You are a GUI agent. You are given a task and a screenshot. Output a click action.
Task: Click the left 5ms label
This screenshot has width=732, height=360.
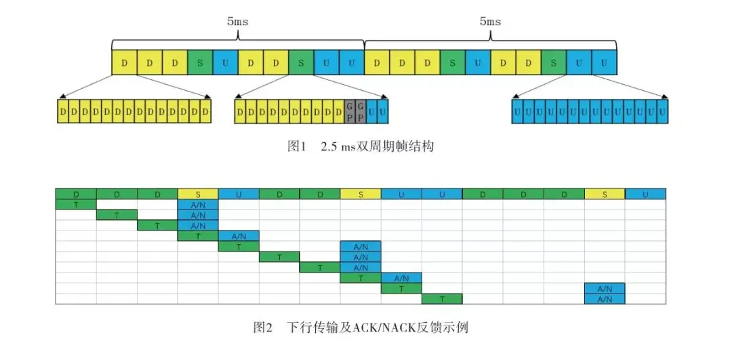click(237, 21)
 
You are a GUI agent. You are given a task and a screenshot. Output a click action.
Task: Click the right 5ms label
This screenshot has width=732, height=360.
click(490, 21)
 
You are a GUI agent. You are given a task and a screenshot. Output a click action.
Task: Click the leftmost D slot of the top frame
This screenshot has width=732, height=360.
click(124, 63)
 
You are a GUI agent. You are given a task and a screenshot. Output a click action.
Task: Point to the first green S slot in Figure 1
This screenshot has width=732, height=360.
click(200, 63)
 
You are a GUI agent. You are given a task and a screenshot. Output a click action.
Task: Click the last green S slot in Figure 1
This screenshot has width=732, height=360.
click(554, 63)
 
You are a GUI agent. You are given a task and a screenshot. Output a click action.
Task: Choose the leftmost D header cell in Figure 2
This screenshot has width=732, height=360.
click(76, 194)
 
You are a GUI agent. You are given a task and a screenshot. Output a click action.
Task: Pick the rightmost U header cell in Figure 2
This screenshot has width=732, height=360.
click(645, 194)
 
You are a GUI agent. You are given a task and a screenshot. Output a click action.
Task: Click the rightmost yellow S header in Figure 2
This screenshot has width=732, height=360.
click(605, 194)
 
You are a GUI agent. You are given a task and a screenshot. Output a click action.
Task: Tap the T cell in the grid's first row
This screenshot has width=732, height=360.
click(76, 204)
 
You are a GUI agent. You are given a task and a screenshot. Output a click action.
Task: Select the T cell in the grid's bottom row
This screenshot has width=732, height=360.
click(442, 299)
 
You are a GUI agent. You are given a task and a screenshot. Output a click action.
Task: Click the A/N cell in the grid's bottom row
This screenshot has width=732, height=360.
click(605, 299)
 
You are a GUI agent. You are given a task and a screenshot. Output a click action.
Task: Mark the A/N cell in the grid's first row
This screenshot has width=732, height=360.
click(198, 204)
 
